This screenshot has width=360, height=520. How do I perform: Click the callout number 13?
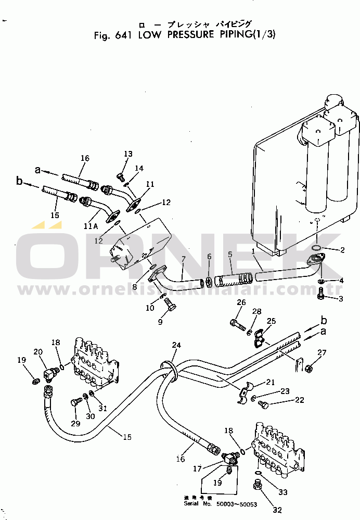tap(128, 154)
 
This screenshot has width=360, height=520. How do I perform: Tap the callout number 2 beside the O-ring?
tap(342, 250)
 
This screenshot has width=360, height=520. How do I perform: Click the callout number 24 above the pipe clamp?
tap(177, 345)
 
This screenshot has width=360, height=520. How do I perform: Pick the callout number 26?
tap(241, 302)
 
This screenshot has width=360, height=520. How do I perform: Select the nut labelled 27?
tap(307, 369)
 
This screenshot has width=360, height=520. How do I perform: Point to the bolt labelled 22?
tap(264, 405)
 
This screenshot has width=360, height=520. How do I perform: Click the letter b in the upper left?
tap(19, 182)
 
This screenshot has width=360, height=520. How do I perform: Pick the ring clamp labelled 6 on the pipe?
tap(209, 282)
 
